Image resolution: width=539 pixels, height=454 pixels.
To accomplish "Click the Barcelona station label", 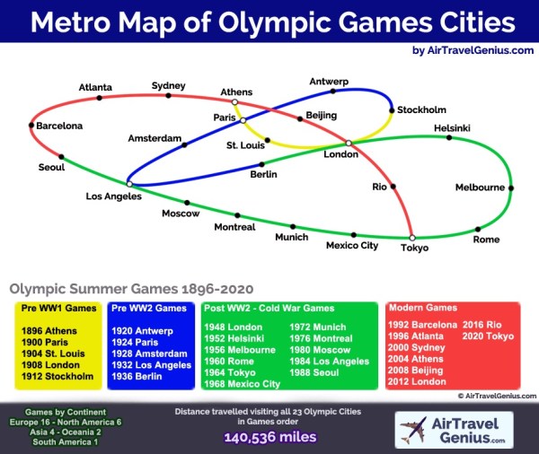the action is coord(59,127).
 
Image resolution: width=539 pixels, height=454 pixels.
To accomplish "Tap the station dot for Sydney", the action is coord(168,95).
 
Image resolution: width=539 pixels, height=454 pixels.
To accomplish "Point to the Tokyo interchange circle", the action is coord(412,238).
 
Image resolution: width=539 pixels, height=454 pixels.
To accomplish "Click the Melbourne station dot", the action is coord(511,188).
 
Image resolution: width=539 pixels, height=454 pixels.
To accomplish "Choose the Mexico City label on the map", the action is coord(351,245).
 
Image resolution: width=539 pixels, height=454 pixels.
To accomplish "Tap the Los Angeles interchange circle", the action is coord(130,184).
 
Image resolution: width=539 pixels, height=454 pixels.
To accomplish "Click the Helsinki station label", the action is coord(452,128).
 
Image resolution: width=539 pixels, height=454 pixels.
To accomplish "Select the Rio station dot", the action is coord(393,187).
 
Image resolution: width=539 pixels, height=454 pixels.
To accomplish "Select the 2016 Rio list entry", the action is coord(482,325).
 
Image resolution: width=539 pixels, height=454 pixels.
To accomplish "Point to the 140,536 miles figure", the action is coord(269,438).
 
